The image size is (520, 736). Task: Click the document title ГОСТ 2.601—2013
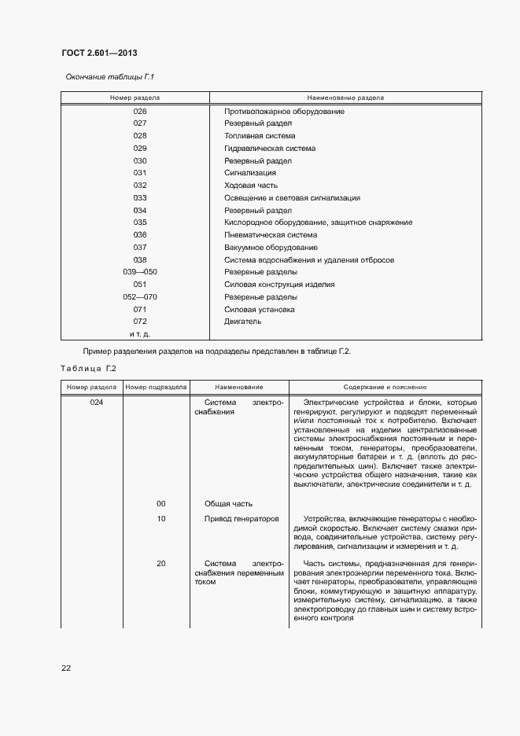point(99,53)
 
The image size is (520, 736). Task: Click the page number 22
point(66,668)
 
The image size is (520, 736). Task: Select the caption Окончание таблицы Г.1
point(108,77)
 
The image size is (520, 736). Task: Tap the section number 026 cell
point(140,112)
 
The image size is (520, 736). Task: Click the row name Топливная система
point(260,136)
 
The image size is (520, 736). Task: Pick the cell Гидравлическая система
point(270,149)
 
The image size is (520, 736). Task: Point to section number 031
point(140,173)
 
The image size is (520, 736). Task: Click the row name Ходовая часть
point(251,186)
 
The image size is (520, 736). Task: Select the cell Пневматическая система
point(271,235)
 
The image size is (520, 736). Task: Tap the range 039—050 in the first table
point(140,272)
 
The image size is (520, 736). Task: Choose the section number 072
point(140,322)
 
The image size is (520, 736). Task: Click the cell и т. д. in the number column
point(140,334)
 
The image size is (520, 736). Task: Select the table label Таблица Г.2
point(88,368)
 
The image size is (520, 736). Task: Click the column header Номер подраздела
point(156,388)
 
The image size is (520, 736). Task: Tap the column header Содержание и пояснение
point(385,388)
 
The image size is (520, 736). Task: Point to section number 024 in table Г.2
point(91,402)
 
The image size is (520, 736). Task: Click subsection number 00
point(161,503)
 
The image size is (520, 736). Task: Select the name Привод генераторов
point(242,519)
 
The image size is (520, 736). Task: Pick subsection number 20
point(161,564)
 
